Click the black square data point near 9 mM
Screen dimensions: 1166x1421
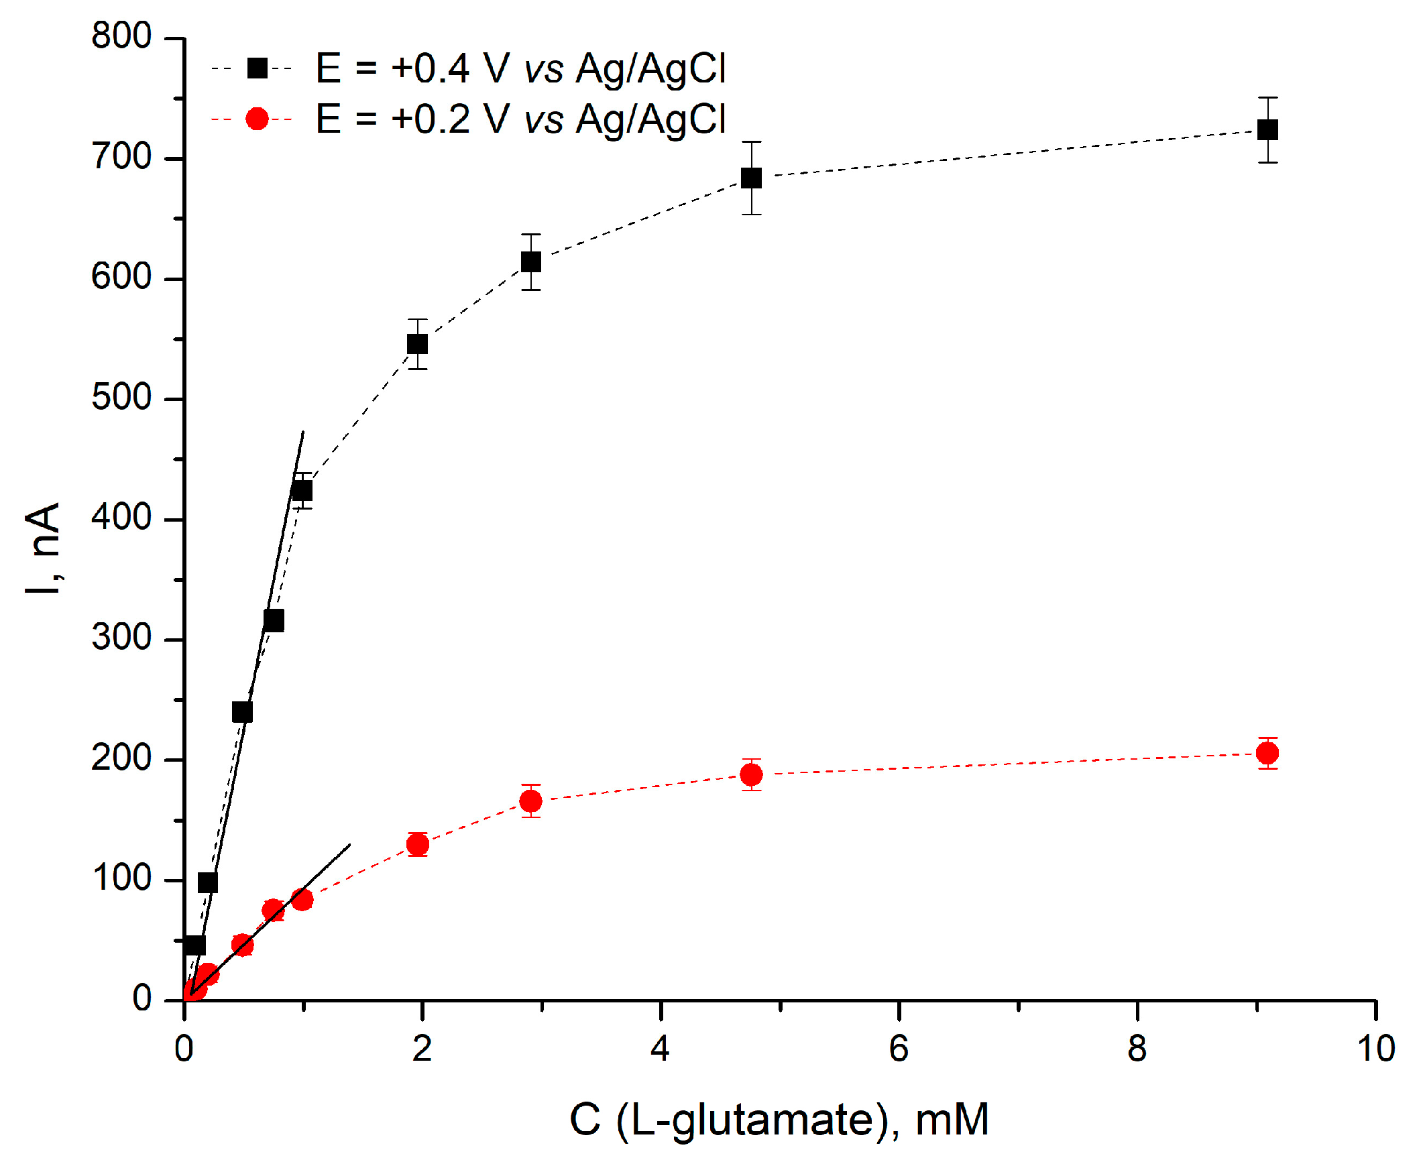(1267, 129)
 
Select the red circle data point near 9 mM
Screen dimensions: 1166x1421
(1267, 753)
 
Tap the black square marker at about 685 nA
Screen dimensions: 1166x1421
(750, 178)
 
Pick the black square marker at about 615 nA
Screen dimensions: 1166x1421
(530, 262)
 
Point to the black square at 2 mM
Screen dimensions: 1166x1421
(417, 344)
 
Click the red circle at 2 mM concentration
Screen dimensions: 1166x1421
(417, 844)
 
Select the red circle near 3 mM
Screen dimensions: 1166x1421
(530, 801)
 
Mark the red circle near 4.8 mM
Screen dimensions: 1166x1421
(750, 774)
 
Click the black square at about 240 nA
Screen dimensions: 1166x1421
(242, 712)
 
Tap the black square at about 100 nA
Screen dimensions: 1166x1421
(208, 882)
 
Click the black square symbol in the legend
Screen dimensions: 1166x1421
(257, 68)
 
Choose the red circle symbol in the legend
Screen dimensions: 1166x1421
(257, 119)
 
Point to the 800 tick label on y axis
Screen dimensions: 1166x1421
(121, 36)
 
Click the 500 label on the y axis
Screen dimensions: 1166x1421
(121, 398)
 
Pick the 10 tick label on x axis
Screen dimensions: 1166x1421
(1375, 1049)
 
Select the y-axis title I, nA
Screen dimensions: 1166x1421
(43, 547)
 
